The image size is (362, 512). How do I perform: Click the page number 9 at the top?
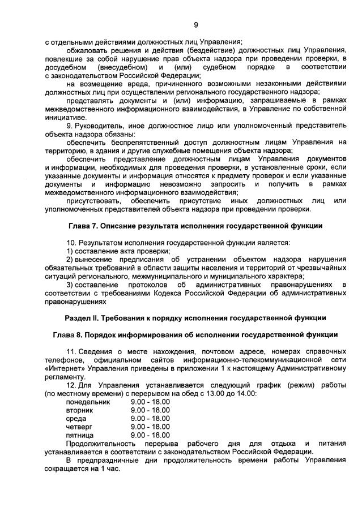point(196,24)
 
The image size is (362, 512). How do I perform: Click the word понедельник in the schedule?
point(90,401)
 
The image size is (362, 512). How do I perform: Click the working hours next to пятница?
point(150,435)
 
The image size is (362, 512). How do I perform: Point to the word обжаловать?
point(87,50)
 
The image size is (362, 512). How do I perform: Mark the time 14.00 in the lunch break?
point(244,393)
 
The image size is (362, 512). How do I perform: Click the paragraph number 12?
point(72,385)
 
